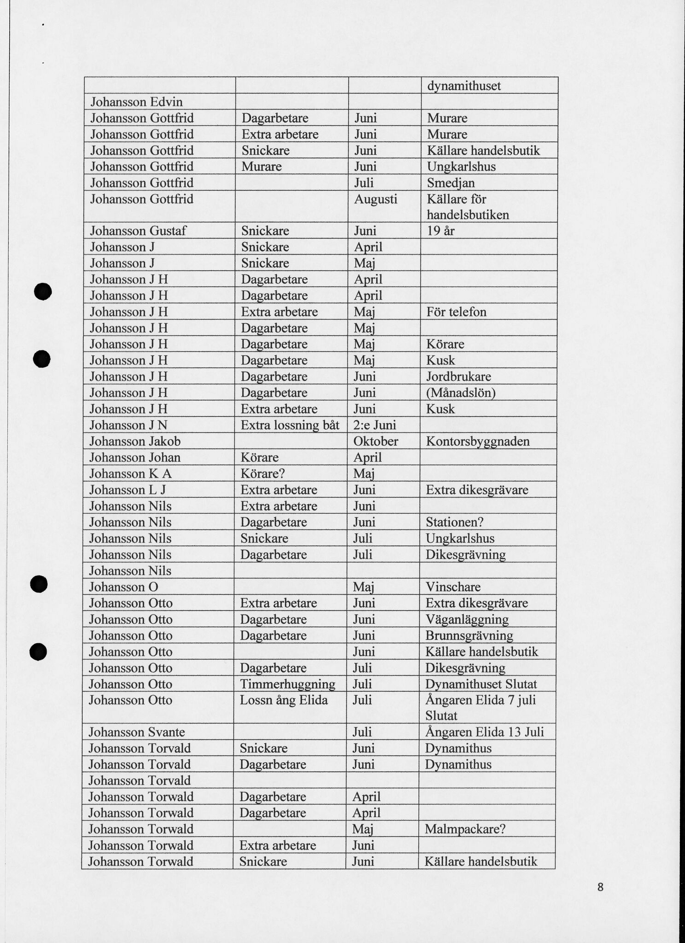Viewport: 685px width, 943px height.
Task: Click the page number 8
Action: pyautogui.click(x=600, y=886)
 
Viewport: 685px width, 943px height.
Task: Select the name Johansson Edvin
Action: pyautogui.click(x=136, y=102)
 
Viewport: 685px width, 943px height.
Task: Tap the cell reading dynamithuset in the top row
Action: pyautogui.click(x=464, y=86)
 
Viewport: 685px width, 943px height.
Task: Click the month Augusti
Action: pyautogui.click(x=375, y=199)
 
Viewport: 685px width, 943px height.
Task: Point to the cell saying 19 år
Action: pyautogui.click(x=441, y=231)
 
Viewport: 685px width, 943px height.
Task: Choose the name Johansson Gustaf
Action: pyautogui.click(x=138, y=231)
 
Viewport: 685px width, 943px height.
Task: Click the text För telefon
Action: pyautogui.click(x=457, y=312)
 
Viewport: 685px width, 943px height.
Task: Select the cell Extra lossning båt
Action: pyautogui.click(x=290, y=425)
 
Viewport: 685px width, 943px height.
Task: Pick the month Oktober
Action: pyautogui.click(x=375, y=441)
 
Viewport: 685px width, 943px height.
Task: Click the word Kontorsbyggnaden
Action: pyautogui.click(x=478, y=441)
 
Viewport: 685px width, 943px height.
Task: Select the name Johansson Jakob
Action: pyautogui.click(x=135, y=441)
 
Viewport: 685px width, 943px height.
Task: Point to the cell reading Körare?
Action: pyautogui.click(x=263, y=474)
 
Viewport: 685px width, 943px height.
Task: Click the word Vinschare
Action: pyautogui.click(x=453, y=587)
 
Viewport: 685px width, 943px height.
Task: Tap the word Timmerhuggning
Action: pyautogui.click(x=287, y=684)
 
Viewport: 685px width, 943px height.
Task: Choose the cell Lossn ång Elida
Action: pyautogui.click(x=284, y=700)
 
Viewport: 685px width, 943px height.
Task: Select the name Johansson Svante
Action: pyautogui.click(x=136, y=732)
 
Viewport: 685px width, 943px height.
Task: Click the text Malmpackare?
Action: pyautogui.click(x=465, y=829)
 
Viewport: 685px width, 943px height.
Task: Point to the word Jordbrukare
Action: pyautogui.click(x=458, y=377)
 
